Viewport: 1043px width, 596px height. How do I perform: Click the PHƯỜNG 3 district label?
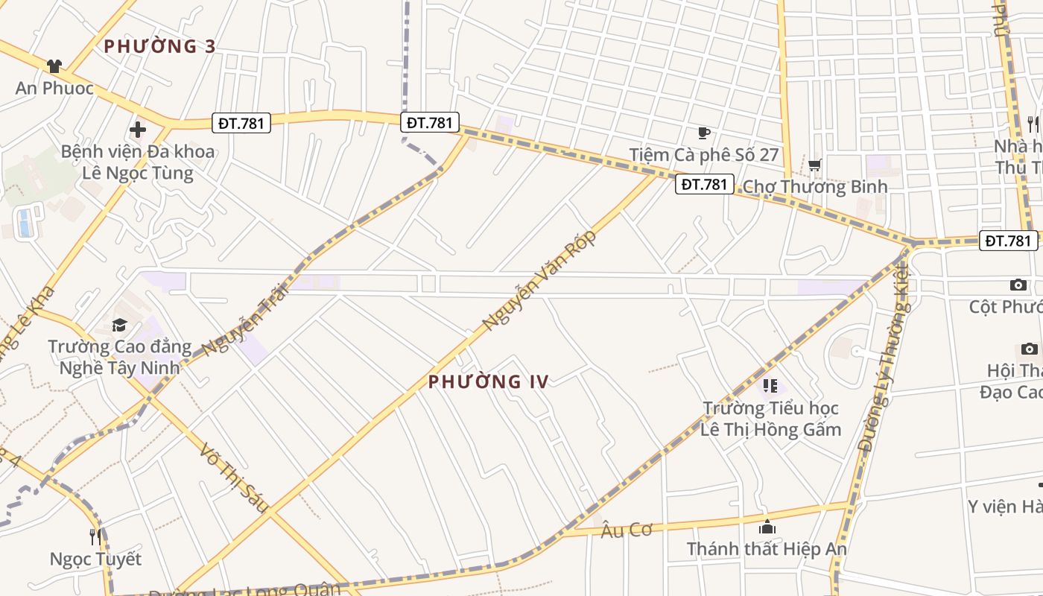[159, 46]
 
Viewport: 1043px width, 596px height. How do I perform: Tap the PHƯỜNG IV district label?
[488, 382]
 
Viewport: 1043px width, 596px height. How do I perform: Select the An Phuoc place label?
[54, 89]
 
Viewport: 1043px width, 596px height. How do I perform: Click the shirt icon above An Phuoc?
[54, 66]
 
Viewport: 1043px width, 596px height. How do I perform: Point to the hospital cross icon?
[138, 130]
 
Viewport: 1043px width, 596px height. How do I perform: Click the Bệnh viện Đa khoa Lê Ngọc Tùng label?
[138, 162]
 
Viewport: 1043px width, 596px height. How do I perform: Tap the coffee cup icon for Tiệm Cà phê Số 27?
[704, 133]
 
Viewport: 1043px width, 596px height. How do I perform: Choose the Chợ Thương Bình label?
[815, 186]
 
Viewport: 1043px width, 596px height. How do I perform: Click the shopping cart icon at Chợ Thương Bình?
[814, 165]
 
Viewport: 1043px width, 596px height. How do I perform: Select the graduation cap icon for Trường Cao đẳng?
[119, 325]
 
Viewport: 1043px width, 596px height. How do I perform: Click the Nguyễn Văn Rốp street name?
[539, 280]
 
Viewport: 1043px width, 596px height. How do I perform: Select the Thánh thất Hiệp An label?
[767, 549]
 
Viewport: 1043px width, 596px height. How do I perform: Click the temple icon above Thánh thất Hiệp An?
[767, 527]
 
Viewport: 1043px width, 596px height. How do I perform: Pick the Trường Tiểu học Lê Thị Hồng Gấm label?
[771, 419]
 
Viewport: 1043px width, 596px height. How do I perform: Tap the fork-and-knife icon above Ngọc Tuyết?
[95, 536]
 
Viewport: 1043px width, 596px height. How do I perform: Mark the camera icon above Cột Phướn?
[1018, 285]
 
